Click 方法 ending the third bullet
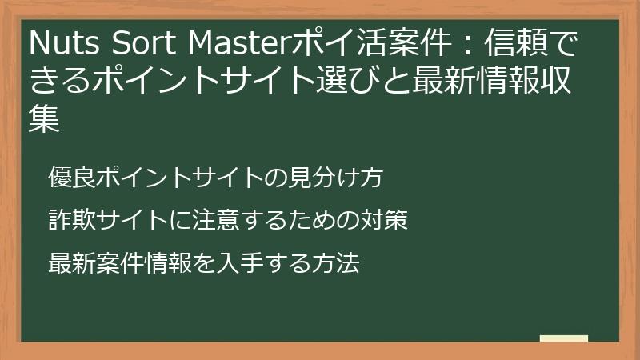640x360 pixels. tap(338, 262)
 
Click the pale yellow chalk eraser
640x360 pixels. tap(563, 338)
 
